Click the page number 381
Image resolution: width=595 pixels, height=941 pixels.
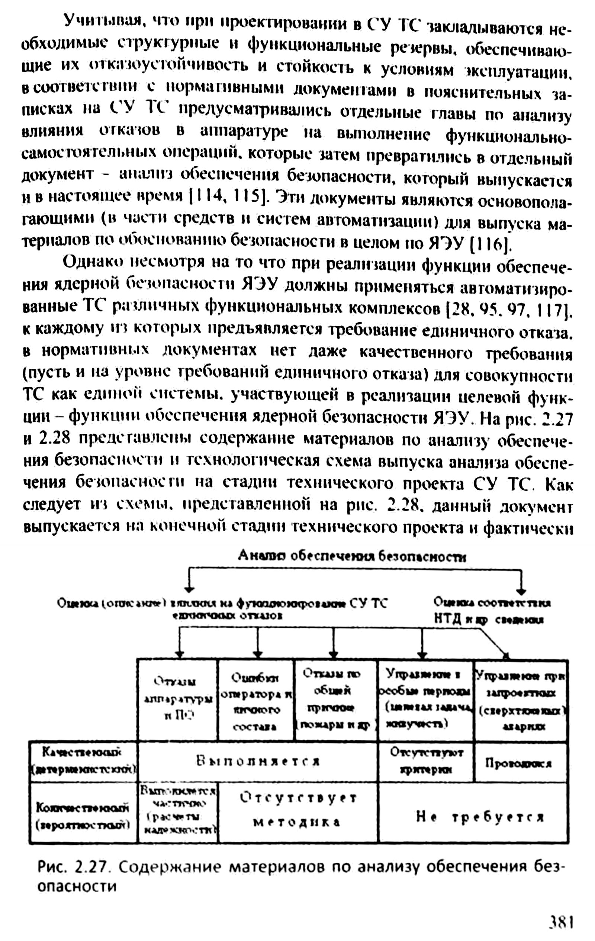click(561, 920)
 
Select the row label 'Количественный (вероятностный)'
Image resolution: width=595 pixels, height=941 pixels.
click(83, 816)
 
